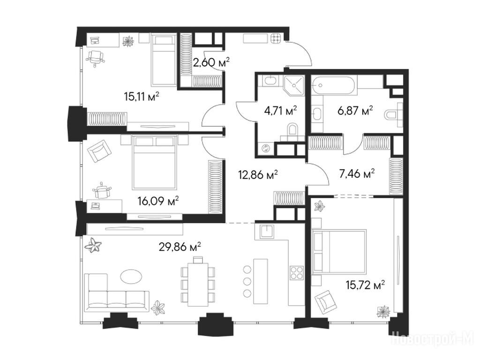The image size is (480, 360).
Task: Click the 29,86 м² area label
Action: (x=180, y=247)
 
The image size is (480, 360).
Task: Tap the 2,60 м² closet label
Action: (x=211, y=62)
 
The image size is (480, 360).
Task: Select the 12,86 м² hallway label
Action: (x=258, y=175)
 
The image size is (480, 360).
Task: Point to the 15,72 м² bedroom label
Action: (x=365, y=285)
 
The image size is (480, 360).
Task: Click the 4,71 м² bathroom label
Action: (x=280, y=110)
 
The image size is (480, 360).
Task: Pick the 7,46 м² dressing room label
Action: (x=357, y=174)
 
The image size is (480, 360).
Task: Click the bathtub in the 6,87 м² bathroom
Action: (x=334, y=85)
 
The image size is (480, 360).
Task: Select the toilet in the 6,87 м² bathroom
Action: (x=393, y=115)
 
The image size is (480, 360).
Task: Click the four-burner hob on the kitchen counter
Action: (x=297, y=272)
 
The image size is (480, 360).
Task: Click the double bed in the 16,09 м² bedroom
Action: (x=155, y=162)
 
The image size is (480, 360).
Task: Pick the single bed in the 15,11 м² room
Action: (x=164, y=60)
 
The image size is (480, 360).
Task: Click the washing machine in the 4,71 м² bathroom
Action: (x=265, y=149)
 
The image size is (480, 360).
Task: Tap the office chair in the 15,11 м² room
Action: (x=96, y=58)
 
